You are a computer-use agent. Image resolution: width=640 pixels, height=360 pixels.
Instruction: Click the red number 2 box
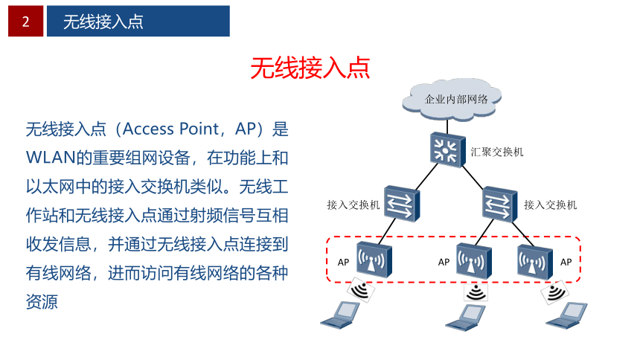point(26,22)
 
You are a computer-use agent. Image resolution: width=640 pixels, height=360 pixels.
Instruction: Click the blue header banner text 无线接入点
point(103,22)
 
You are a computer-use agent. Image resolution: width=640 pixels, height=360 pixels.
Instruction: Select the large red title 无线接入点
point(310,68)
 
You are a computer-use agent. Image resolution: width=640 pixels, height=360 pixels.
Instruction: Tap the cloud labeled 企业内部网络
point(452,99)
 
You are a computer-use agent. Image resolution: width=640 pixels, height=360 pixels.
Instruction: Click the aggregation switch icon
point(448,150)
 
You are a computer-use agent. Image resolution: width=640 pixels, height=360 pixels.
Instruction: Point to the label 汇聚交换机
point(496,152)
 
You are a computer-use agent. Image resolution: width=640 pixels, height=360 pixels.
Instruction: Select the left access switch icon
point(402,203)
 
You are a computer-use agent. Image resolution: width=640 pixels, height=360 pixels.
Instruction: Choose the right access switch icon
point(499,204)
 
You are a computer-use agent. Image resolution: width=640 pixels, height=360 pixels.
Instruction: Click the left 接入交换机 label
point(353,205)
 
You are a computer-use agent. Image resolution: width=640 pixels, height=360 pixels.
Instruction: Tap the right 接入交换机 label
point(550,205)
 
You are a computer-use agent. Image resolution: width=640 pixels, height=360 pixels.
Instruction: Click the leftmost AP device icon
point(374,260)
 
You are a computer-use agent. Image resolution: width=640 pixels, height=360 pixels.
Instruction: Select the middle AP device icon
point(473,261)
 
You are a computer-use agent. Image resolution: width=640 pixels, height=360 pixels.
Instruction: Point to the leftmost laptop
point(339,315)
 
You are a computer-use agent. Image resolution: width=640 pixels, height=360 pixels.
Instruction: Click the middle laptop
point(465,317)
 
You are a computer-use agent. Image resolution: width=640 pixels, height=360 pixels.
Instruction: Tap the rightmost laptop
point(566,315)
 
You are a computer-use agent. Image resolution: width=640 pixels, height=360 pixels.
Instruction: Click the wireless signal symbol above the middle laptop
point(476,292)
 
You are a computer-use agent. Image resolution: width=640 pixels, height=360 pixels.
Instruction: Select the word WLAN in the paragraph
point(51,158)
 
